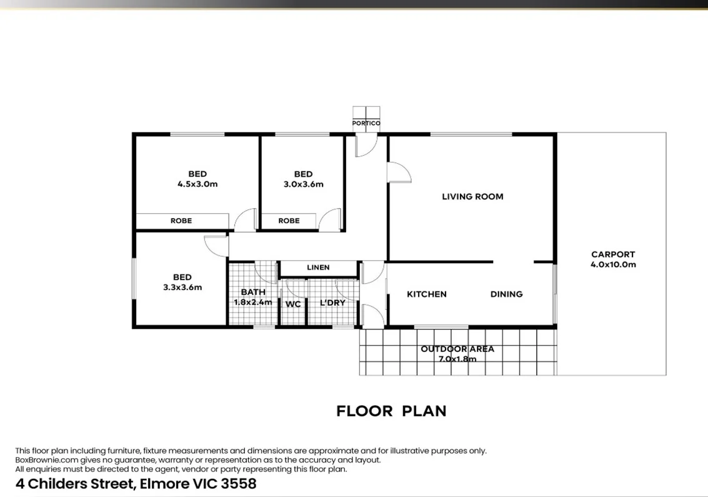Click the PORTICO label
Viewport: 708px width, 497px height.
coord(366,123)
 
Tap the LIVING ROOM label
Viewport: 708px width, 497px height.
coord(472,196)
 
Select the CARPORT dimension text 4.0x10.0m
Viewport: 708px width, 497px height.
coord(613,264)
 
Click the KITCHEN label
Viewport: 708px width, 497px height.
coord(427,294)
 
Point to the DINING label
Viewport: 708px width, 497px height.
coord(506,294)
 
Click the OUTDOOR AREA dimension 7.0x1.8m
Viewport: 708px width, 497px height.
coord(457,359)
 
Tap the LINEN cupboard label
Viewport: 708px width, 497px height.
coord(318,268)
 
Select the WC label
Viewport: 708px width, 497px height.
coord(293,304)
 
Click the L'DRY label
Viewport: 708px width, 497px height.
coord(332,303)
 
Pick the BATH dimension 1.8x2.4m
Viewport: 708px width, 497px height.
coord(253,302)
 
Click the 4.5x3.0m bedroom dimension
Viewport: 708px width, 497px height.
coord(197,184)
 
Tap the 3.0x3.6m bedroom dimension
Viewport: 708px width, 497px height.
coord(303,184)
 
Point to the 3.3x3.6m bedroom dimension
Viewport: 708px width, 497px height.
coord(182,288)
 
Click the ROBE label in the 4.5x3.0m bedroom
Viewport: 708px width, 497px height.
coord(181,221)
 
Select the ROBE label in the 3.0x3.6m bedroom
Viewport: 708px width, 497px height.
coord(289,221)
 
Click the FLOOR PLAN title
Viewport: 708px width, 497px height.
coord(391,411)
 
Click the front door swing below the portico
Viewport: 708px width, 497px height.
coord(366,146)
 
